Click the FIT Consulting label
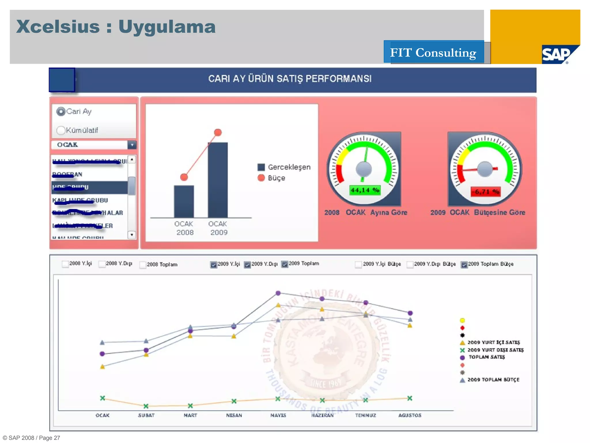(433, 52)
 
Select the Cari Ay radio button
(61, 112)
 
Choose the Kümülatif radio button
(61, 130)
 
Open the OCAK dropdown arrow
(132, 145)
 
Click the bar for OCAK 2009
(218, 180)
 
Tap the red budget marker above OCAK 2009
(218, 132)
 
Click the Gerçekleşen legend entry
(284, 167)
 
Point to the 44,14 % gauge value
(365, 190)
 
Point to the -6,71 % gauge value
(485, 192)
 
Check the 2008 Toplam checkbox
(143, 265)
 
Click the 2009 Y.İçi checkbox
(213, 264)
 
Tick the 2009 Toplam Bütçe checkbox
(464, 264)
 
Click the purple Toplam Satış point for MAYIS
(278, 293)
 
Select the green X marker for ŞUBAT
(146, 406)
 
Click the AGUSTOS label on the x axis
(410, 415)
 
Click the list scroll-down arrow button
(132, 235)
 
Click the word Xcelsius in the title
(58, 27)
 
